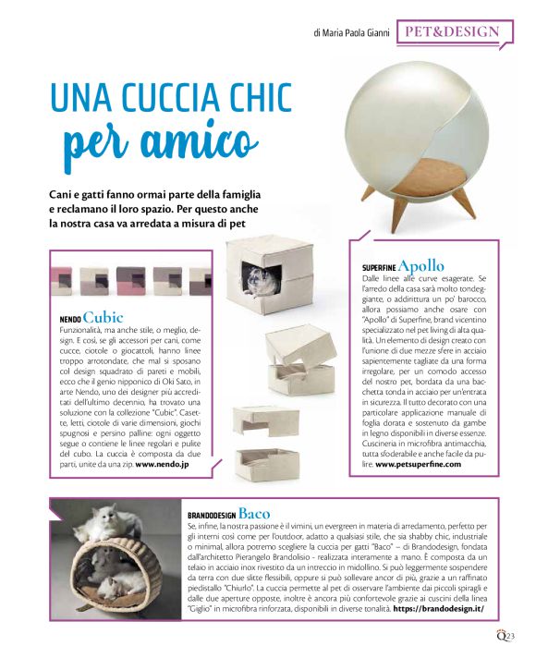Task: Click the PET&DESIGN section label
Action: (452, 32)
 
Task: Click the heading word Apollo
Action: (421, 266)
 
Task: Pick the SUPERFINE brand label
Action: (372, 268)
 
